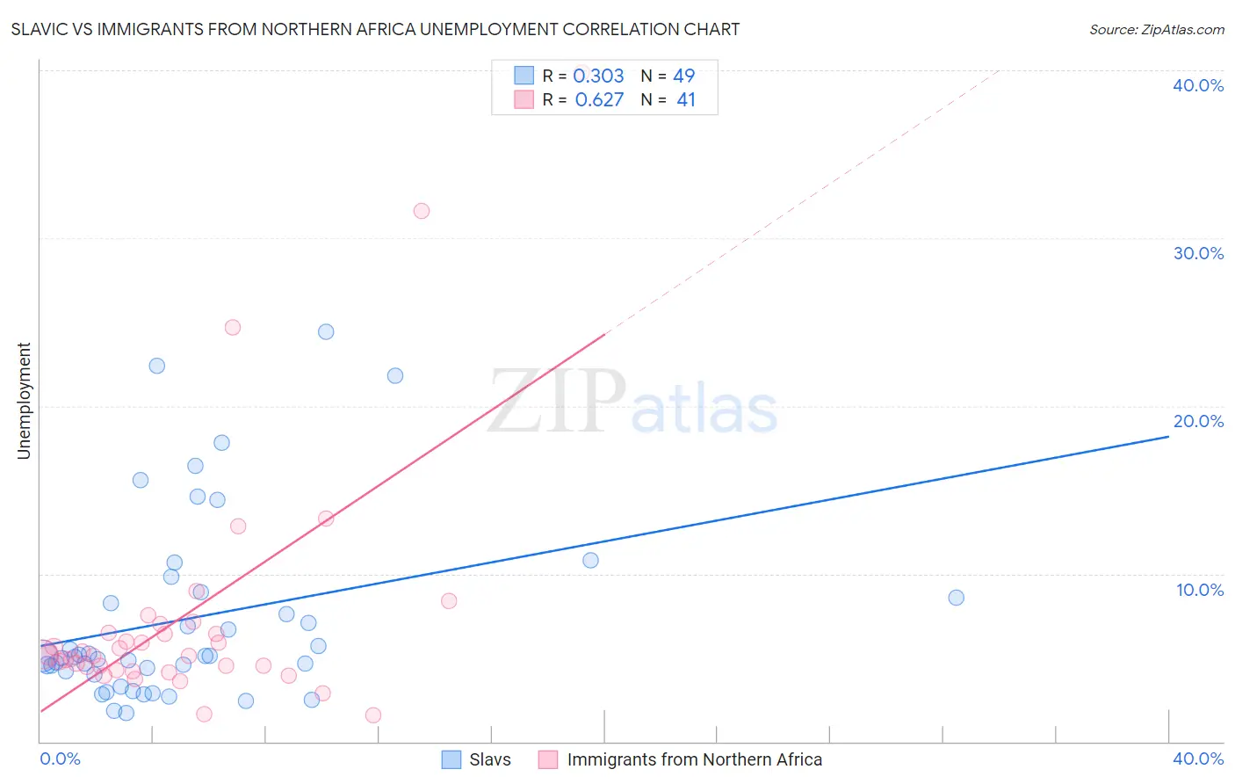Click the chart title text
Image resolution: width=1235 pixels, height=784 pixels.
pos(375,29)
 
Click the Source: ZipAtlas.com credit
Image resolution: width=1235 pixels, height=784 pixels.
pos(1156,29)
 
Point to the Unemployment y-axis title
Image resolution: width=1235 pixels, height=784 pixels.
pos(24,401)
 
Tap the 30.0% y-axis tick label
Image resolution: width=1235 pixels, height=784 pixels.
pos(1198,253)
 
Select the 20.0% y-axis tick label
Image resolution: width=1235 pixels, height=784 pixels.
pos(1198,421)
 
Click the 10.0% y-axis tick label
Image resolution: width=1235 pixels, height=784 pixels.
pos(1200,590)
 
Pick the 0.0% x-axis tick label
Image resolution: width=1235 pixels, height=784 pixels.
pos(61,759)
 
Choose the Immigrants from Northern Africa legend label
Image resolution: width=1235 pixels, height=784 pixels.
pos(694,759)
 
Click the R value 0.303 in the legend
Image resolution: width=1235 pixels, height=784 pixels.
pos(598,76)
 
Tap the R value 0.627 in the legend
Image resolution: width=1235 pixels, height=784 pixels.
pos(599,99)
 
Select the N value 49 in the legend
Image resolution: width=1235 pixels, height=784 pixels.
pos(683,76)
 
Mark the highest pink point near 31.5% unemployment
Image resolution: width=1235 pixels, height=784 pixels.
pos(422,211)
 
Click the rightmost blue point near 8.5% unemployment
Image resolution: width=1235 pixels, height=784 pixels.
pos(957,598)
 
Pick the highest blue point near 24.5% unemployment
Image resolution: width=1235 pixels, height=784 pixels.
pos(326,331)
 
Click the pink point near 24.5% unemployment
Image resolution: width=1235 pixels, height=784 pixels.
pos(233,327)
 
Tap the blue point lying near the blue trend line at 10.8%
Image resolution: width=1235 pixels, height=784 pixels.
pos(590,560)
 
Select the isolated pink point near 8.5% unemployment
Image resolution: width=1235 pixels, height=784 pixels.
pos(449,601)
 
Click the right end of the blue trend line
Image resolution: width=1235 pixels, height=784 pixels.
pos(1167,436)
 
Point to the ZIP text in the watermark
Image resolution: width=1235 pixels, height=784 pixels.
pos(557,403)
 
